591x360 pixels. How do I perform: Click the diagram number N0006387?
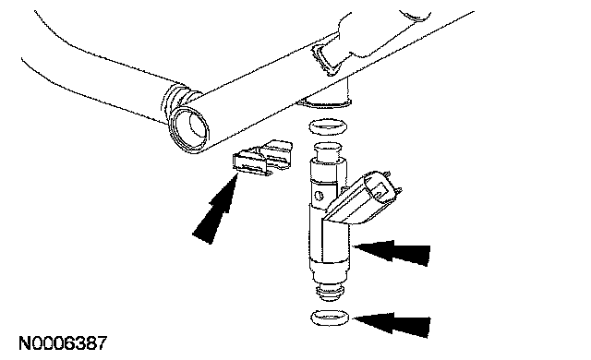[x=63, y=343]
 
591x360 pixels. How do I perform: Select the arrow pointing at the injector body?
[x=392, y=252]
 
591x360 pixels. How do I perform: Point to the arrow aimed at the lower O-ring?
[x=392, y=324]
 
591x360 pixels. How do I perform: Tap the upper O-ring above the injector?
[x=328, y=126]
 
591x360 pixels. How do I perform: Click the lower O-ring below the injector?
[x=330, y=318]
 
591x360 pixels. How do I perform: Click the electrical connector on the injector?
[x=362, y=198]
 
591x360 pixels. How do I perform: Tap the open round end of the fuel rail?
[x=189, y=128]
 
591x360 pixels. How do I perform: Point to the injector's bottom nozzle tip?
[x=331, y=291]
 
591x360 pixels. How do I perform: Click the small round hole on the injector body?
[x=319, y=196]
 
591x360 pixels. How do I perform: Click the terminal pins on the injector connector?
[x=394, y=185]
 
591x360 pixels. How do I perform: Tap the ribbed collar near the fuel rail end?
[x=177, y=102]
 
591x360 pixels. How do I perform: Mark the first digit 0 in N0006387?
[x=39, y=343]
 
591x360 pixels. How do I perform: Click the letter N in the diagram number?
[x=26, y=343]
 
